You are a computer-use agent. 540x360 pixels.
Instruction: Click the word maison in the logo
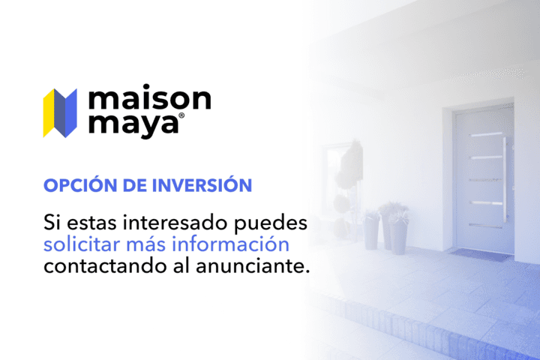(149, 99)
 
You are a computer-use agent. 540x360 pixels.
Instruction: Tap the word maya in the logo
(133, 124)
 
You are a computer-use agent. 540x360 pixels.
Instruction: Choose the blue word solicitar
(82, 244)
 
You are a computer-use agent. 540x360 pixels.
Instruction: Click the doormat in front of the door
(480, 253)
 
